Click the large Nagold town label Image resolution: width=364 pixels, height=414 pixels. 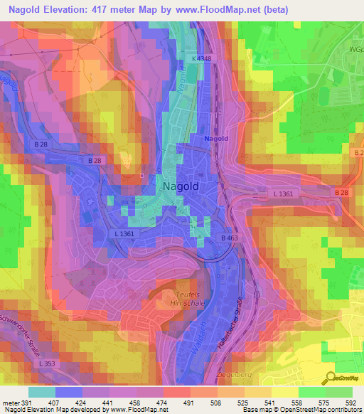(x=181, y=186)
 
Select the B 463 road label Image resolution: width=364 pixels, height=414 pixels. (x=229, y=238)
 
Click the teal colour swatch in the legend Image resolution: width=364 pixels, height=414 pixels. (x=42, y=391)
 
